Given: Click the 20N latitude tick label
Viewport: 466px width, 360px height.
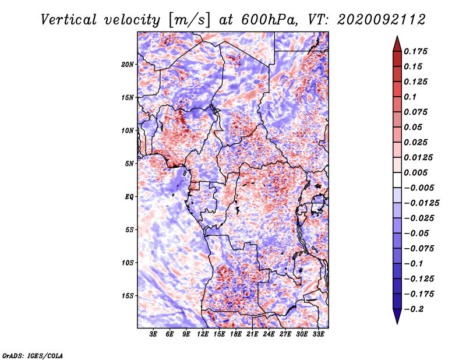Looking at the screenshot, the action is (127, 65).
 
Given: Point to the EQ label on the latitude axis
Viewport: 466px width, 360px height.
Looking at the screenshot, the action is (129, 197).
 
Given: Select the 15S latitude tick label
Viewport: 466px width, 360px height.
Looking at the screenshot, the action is (127, 296).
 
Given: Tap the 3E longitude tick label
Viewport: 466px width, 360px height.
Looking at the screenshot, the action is (153, 334).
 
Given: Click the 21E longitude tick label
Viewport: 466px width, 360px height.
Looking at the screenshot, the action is (252, 334).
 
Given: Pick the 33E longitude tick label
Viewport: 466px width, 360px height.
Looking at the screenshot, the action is (318, 334).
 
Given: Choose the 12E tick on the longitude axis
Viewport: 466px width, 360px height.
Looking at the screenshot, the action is (202, 334).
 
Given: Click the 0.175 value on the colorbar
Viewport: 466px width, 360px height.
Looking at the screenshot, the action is (415, 51).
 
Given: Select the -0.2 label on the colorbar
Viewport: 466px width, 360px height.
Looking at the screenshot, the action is (414, 309).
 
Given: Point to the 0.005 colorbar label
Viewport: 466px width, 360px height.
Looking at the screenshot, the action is (415, 172).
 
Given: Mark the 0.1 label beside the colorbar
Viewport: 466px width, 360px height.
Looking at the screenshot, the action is (410, 97).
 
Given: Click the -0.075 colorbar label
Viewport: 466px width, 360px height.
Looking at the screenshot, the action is (419, 249).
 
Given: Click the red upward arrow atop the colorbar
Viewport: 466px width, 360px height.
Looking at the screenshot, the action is (397, 44).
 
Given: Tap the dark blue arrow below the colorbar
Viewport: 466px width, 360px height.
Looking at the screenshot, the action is (397, 316).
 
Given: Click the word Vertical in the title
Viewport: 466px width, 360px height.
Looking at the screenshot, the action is (69, 20).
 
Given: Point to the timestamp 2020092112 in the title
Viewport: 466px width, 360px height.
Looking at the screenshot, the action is (382, 20).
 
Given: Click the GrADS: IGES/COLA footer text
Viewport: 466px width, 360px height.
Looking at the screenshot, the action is (33, 356).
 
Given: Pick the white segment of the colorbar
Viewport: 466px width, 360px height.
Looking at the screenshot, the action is (397, 180).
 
